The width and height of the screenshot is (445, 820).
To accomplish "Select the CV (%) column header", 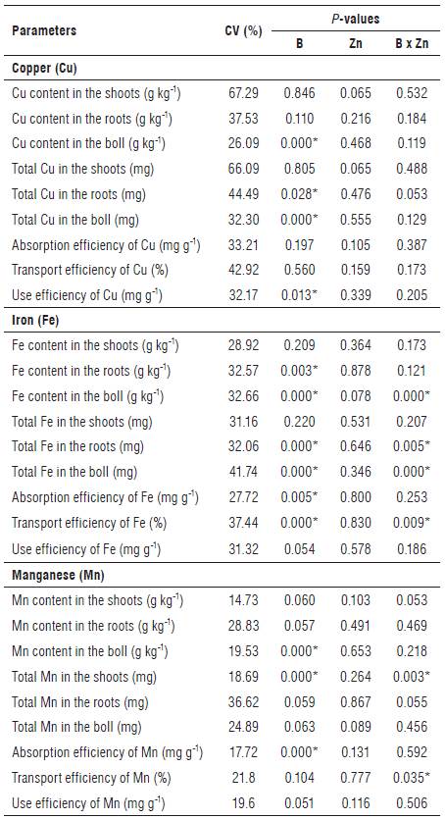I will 243,29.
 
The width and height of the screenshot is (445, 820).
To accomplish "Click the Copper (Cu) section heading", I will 45,69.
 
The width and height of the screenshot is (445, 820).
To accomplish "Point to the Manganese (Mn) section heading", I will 57,572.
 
